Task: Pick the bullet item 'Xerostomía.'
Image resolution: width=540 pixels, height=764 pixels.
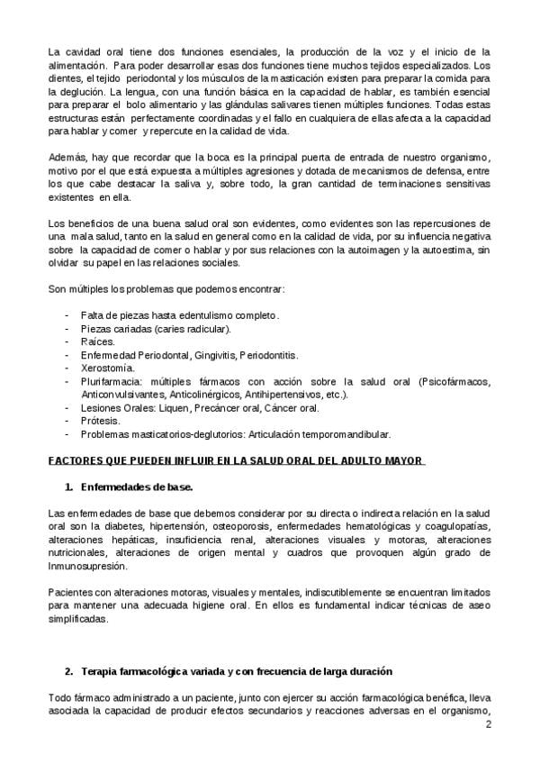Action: click(108, 368)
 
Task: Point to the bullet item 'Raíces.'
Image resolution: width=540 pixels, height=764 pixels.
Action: click(98, 342)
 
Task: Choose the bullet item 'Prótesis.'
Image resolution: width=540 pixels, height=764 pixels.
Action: click(101, 420)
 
